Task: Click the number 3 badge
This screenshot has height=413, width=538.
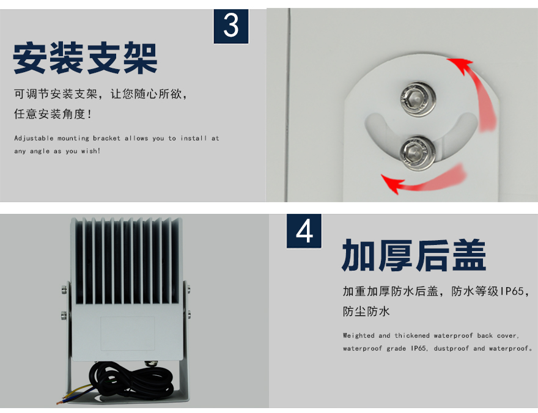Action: click(x=231, y=26)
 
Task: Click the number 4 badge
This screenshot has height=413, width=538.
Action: click(x=304, y=231)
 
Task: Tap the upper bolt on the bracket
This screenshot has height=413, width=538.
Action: click(x=417, y=99)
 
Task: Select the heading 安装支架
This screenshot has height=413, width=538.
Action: click(x=86, y=58)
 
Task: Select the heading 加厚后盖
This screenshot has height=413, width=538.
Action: click(x=414, y=256)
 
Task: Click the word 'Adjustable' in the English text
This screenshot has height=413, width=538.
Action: click(x=34, y=139)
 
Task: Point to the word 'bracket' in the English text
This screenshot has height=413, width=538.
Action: click(x=106, y=138)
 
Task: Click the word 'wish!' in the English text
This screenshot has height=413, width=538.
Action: click(x=90, y=151)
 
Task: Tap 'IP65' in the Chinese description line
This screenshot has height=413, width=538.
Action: click(x=512, y=291)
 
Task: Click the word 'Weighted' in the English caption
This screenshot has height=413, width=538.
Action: click(x=358, y=335)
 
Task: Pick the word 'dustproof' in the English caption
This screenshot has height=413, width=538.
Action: click(x=449, y=348)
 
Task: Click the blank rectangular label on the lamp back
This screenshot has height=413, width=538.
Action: click(x=127, y=333)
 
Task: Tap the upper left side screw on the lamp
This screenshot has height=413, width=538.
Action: click(x=65, y=290)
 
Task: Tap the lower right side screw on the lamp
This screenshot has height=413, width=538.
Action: click(x=189, y=313)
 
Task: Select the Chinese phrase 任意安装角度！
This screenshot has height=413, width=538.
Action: click(x=53, y=114)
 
